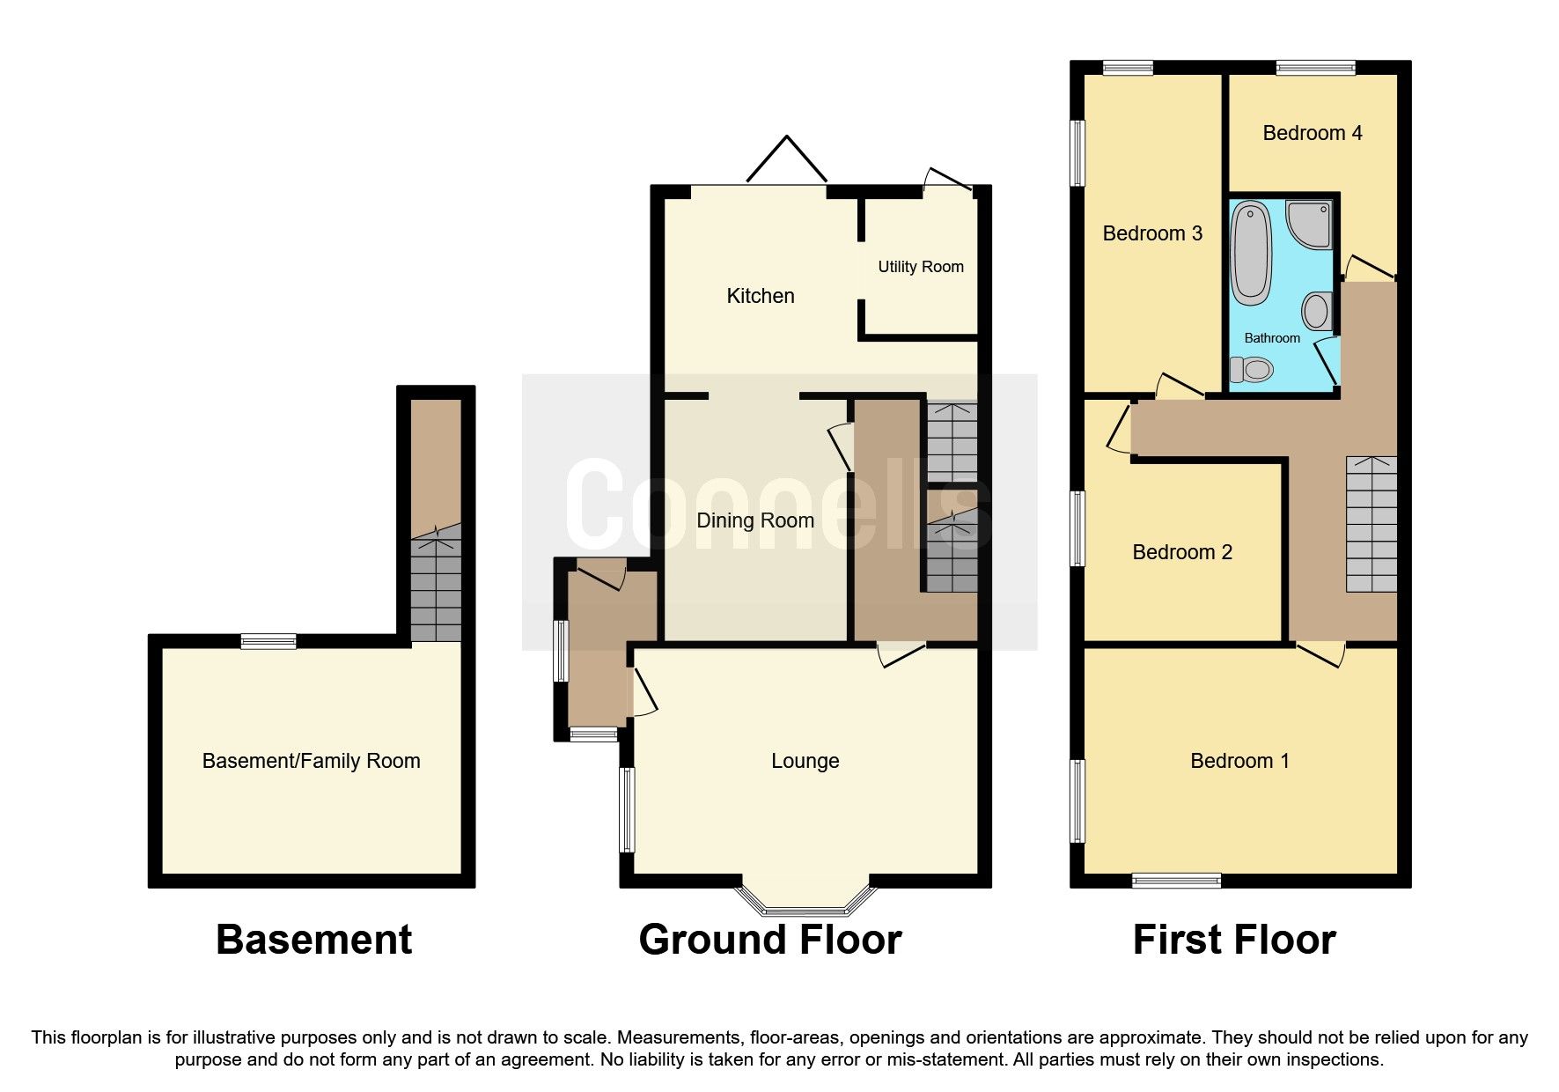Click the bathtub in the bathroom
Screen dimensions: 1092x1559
coord(1249,253)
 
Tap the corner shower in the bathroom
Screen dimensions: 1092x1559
coord(1311,223)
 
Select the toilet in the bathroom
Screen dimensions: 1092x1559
coord(1251,369)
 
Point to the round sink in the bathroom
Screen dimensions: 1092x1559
coord(1316,311)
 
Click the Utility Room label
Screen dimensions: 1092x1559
coord(920,267)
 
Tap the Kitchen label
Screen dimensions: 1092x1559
coord(760,296)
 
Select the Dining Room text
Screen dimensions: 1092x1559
coord(754,520)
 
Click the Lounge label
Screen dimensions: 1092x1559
coord(805,761)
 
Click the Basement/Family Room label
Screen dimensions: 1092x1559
coord(311,761)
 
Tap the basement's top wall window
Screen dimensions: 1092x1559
coord(269,641)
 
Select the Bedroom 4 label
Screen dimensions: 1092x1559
coord(1312,133)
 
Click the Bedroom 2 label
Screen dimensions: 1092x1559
coord(1181,552)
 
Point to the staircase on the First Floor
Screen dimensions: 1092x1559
coord(1371,525)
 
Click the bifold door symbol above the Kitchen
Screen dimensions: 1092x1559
coord(786,160)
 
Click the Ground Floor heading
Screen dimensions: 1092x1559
coord(769,940)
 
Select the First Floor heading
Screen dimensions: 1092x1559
coord(1233,940)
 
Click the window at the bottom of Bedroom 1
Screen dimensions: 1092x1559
coord(1176,880)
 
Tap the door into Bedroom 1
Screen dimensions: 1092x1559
coord(1320,653)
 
